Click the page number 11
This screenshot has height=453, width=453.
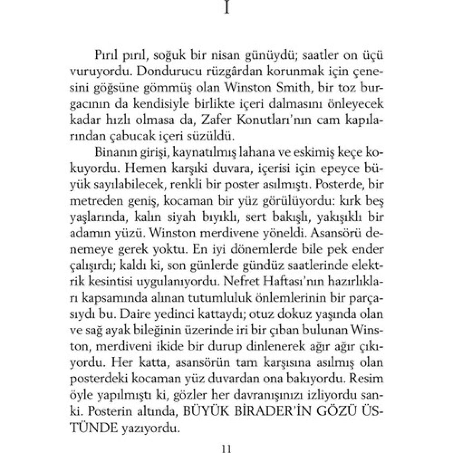pos(226,449)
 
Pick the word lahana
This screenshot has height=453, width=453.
pos(258,153)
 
